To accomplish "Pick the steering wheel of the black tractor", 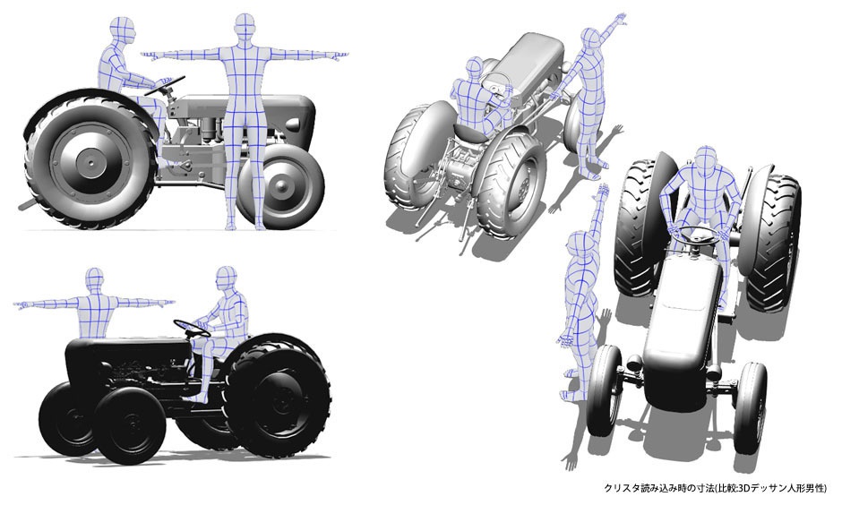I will point(192,328).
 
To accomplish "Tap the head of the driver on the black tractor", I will point(228,280).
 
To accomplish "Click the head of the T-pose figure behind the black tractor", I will point(95,281).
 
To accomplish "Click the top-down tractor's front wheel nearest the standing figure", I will point(606,384).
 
